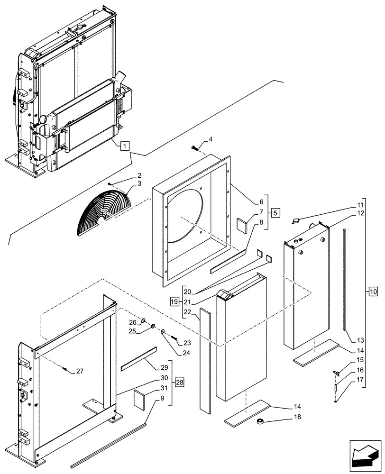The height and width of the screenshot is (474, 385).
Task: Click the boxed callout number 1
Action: [123, 146]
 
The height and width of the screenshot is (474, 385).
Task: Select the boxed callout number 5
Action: [275, 211]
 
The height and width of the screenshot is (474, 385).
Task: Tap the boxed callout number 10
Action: [373, 292]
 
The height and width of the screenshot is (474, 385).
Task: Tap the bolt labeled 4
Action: [195, 148]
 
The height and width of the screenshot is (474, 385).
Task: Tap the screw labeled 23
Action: [175, 339]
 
